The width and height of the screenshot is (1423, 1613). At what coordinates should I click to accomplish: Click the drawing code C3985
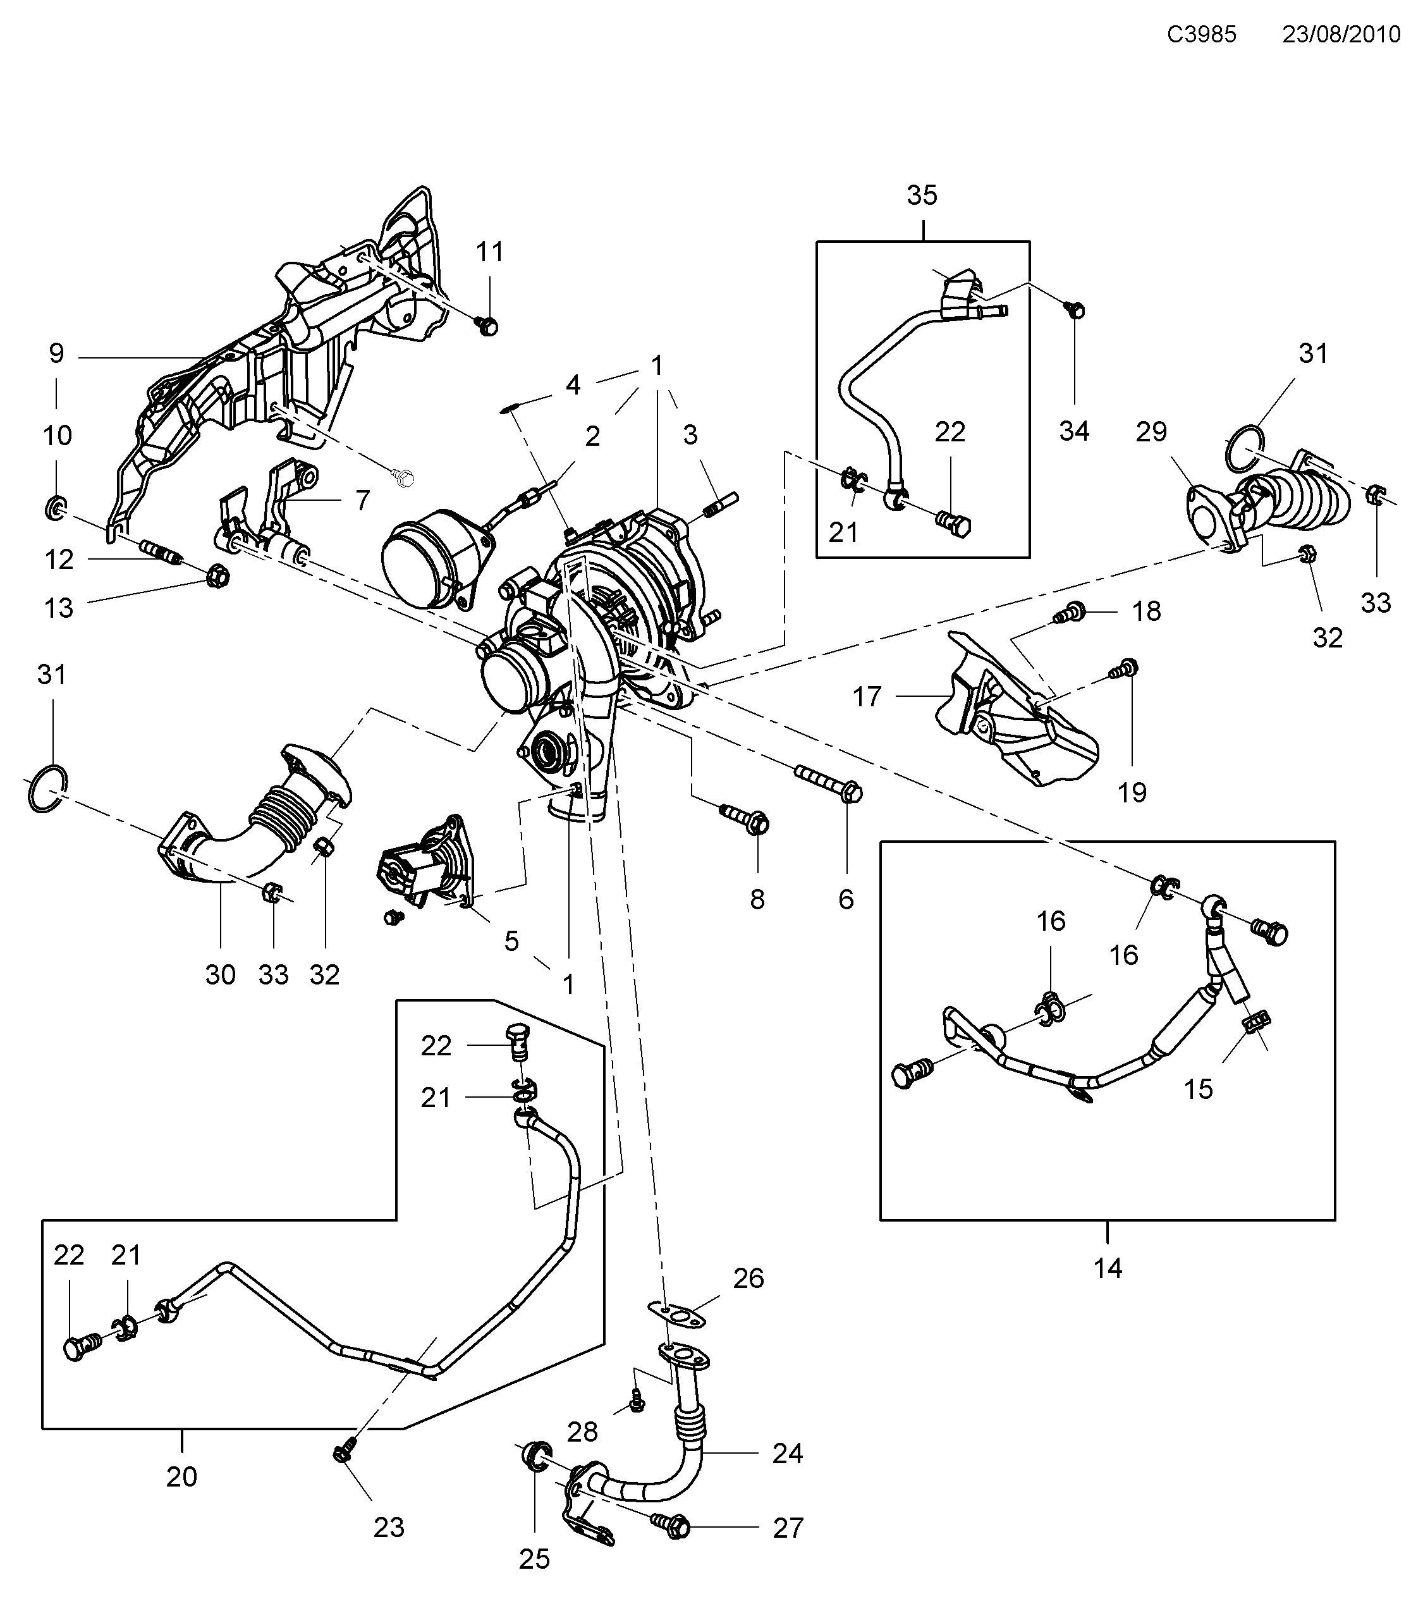pos(1201,35)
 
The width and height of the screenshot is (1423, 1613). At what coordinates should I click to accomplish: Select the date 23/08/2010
pos(1341,35)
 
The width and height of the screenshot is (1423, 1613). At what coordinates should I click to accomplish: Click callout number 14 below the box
pos(1107,1268)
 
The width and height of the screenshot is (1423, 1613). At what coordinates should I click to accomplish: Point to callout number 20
pos(181,1476)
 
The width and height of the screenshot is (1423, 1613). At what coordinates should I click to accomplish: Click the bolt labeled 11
pos(487,324)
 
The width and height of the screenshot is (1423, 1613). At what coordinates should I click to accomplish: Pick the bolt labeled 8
pos(745,818)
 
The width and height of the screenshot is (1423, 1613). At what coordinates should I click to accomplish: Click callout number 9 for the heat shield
pos(57,353)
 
